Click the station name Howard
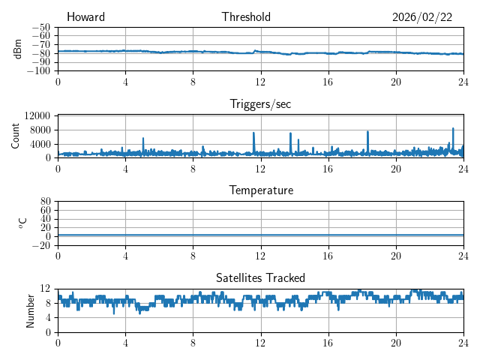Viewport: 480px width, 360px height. click(x=85, y=17)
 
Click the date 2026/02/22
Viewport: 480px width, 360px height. click(x=422, y=17)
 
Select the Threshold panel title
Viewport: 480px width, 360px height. click(x=246, y=17)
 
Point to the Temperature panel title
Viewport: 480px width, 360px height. click(x=261, y=190)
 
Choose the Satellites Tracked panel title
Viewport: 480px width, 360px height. click(x=260, y=277)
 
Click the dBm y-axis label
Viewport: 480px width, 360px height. click(x=18, y=49)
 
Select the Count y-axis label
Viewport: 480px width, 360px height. click(x=16, y=136)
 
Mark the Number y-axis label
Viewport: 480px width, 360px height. click(x=30, y=310)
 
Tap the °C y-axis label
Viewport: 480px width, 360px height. click(x=22, y=223)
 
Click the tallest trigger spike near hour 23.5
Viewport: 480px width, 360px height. click(x=453, y=129)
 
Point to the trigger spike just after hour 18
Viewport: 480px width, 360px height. click(x=367, y=132)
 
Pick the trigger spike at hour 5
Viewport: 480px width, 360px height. click(x=143, y=139)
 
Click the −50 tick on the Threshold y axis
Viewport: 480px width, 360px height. click(x=41, y=27)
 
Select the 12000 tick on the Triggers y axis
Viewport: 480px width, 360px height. click(x=37, y=115)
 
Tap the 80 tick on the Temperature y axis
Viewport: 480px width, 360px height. click(x=46, y=202)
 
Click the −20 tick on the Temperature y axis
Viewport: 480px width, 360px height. click(x=41, y=245)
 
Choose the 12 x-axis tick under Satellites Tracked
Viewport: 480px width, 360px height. click(x=261, y=342)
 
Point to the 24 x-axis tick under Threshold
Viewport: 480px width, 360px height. click(x=463, y=81)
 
